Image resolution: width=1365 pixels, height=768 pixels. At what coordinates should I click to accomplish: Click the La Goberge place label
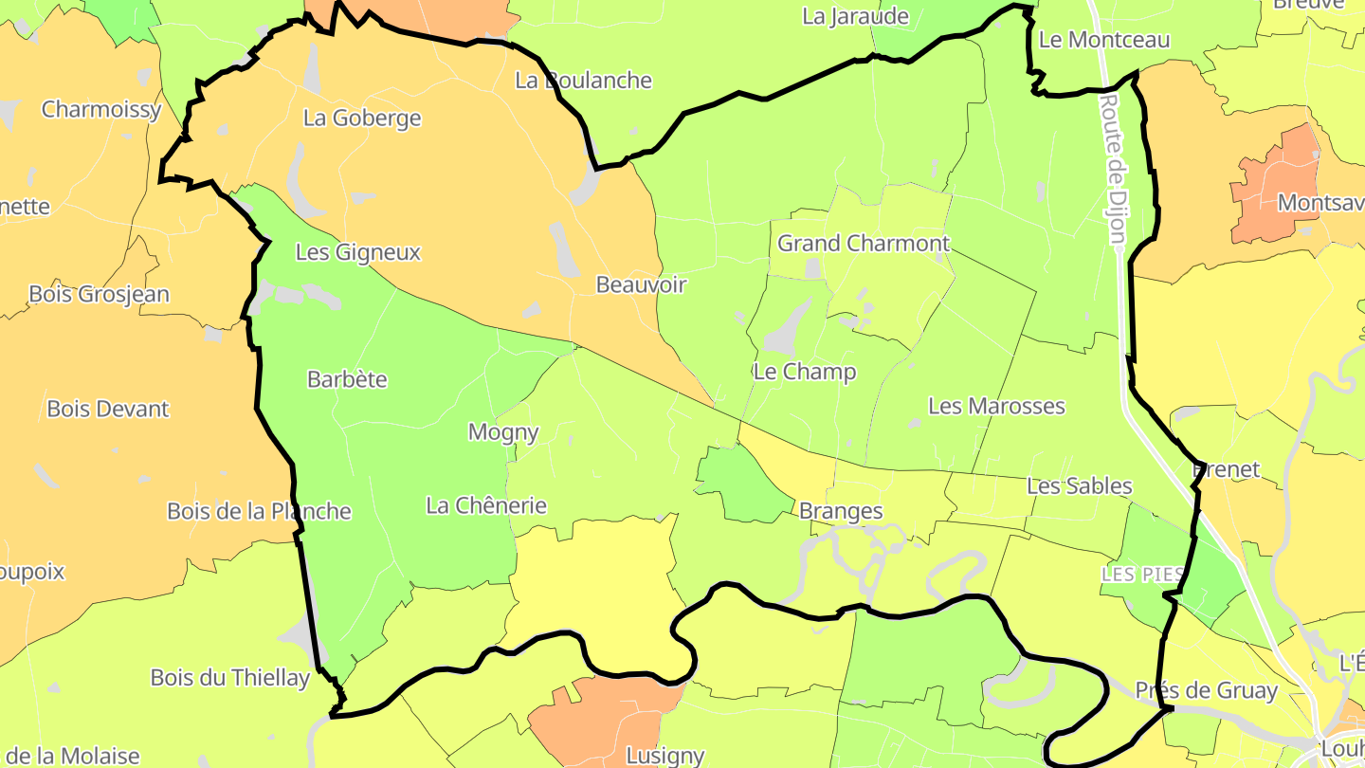pos(362,119)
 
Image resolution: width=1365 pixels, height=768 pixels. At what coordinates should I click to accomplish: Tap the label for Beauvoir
pos(641,284)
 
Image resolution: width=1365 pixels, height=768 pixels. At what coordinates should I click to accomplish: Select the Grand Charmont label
pos(863,244)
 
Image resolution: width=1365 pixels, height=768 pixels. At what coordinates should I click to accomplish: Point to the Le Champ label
pos(805,372)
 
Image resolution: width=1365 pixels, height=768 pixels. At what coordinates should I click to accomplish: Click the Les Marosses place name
pos(996,407)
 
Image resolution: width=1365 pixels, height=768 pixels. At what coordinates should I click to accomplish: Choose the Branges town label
pos(841,512)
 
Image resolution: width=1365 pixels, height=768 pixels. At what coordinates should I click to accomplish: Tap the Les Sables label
pos(1080,486)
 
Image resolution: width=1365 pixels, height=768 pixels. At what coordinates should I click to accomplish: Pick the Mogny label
pos(503,432)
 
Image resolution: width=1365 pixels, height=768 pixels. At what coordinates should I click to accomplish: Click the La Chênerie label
pos(486,505)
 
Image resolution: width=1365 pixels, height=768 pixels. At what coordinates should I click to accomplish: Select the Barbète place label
pos(347,379)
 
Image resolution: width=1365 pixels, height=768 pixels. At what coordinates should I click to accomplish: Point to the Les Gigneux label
pos(357,253)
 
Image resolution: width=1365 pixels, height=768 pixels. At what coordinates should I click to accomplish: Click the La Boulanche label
pos(583,81)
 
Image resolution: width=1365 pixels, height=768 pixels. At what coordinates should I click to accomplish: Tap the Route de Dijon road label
pos(1115,167)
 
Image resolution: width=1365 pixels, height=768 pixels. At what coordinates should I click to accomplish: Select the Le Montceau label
pos(1104,40)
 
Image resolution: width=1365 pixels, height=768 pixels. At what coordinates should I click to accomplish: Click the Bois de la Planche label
pos(259,512)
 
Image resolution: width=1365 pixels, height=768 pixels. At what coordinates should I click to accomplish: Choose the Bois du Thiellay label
pos(230,678)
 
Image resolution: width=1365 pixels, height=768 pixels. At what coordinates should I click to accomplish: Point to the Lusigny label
pos(665,756)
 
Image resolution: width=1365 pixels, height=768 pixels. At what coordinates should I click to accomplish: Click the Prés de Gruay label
pos(1207,691)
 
